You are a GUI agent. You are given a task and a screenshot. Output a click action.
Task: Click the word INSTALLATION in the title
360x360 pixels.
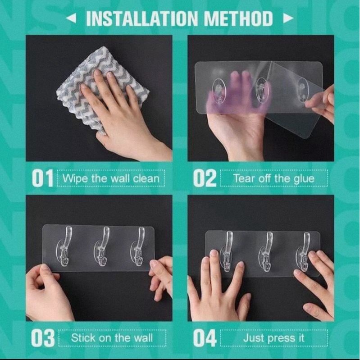pos(142,18)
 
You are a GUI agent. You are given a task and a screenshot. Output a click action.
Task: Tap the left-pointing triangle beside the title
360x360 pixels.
pos(71,18)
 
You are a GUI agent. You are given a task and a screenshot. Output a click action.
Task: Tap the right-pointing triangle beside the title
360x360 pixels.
pos(288,18)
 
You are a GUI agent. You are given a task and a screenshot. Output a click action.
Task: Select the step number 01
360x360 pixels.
pos(43,178)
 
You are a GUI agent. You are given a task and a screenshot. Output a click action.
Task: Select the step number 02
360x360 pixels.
pos(205,178)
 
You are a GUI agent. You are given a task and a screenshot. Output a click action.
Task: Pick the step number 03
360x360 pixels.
pos(43,338)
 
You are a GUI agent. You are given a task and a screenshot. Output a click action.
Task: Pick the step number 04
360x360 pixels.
pos(205,338)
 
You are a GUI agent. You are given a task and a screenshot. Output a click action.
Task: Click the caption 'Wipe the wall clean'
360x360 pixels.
pos(111,178)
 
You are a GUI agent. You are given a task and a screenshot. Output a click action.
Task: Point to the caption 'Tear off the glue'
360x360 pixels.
pos(274,178)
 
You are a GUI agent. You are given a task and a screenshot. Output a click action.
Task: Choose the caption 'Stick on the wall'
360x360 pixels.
pos(112,338)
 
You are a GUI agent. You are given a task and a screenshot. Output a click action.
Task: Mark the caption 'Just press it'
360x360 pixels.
pos(273,338)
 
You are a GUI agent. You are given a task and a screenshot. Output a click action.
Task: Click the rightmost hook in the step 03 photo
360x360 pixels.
pos(139,247)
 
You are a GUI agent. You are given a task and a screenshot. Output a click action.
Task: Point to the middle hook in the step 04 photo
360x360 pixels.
pos(268,252)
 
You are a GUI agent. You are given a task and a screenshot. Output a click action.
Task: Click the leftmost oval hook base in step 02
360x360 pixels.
pos(218,91)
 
